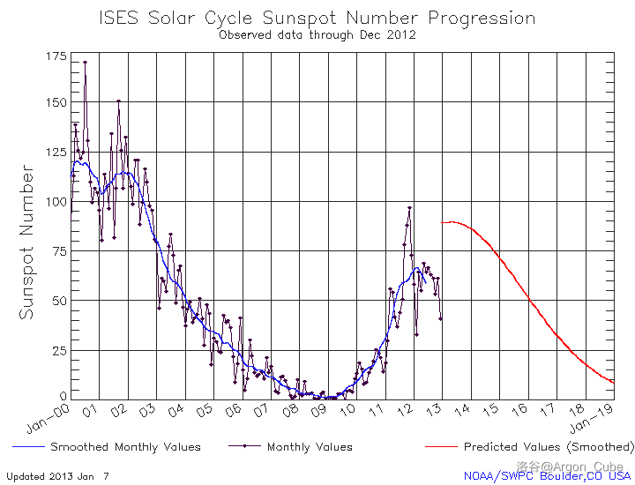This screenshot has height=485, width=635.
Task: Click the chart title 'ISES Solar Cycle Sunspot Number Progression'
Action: click(317, 18)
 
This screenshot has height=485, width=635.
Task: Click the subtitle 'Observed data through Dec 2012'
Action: click(317, 35)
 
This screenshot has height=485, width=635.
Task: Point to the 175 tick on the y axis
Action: click(55, 56)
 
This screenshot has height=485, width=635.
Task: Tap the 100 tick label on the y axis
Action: click(55, 201)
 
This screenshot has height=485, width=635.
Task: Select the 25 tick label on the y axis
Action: click(58, 350)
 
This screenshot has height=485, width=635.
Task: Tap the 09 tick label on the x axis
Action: click(320, 411)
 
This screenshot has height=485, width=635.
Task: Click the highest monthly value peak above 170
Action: click(85, 63)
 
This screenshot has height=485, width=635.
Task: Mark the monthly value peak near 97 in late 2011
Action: click(409, 208)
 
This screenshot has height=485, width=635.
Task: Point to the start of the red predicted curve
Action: click(442, 223)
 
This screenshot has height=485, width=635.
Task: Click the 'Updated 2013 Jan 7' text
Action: click(57, 476)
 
